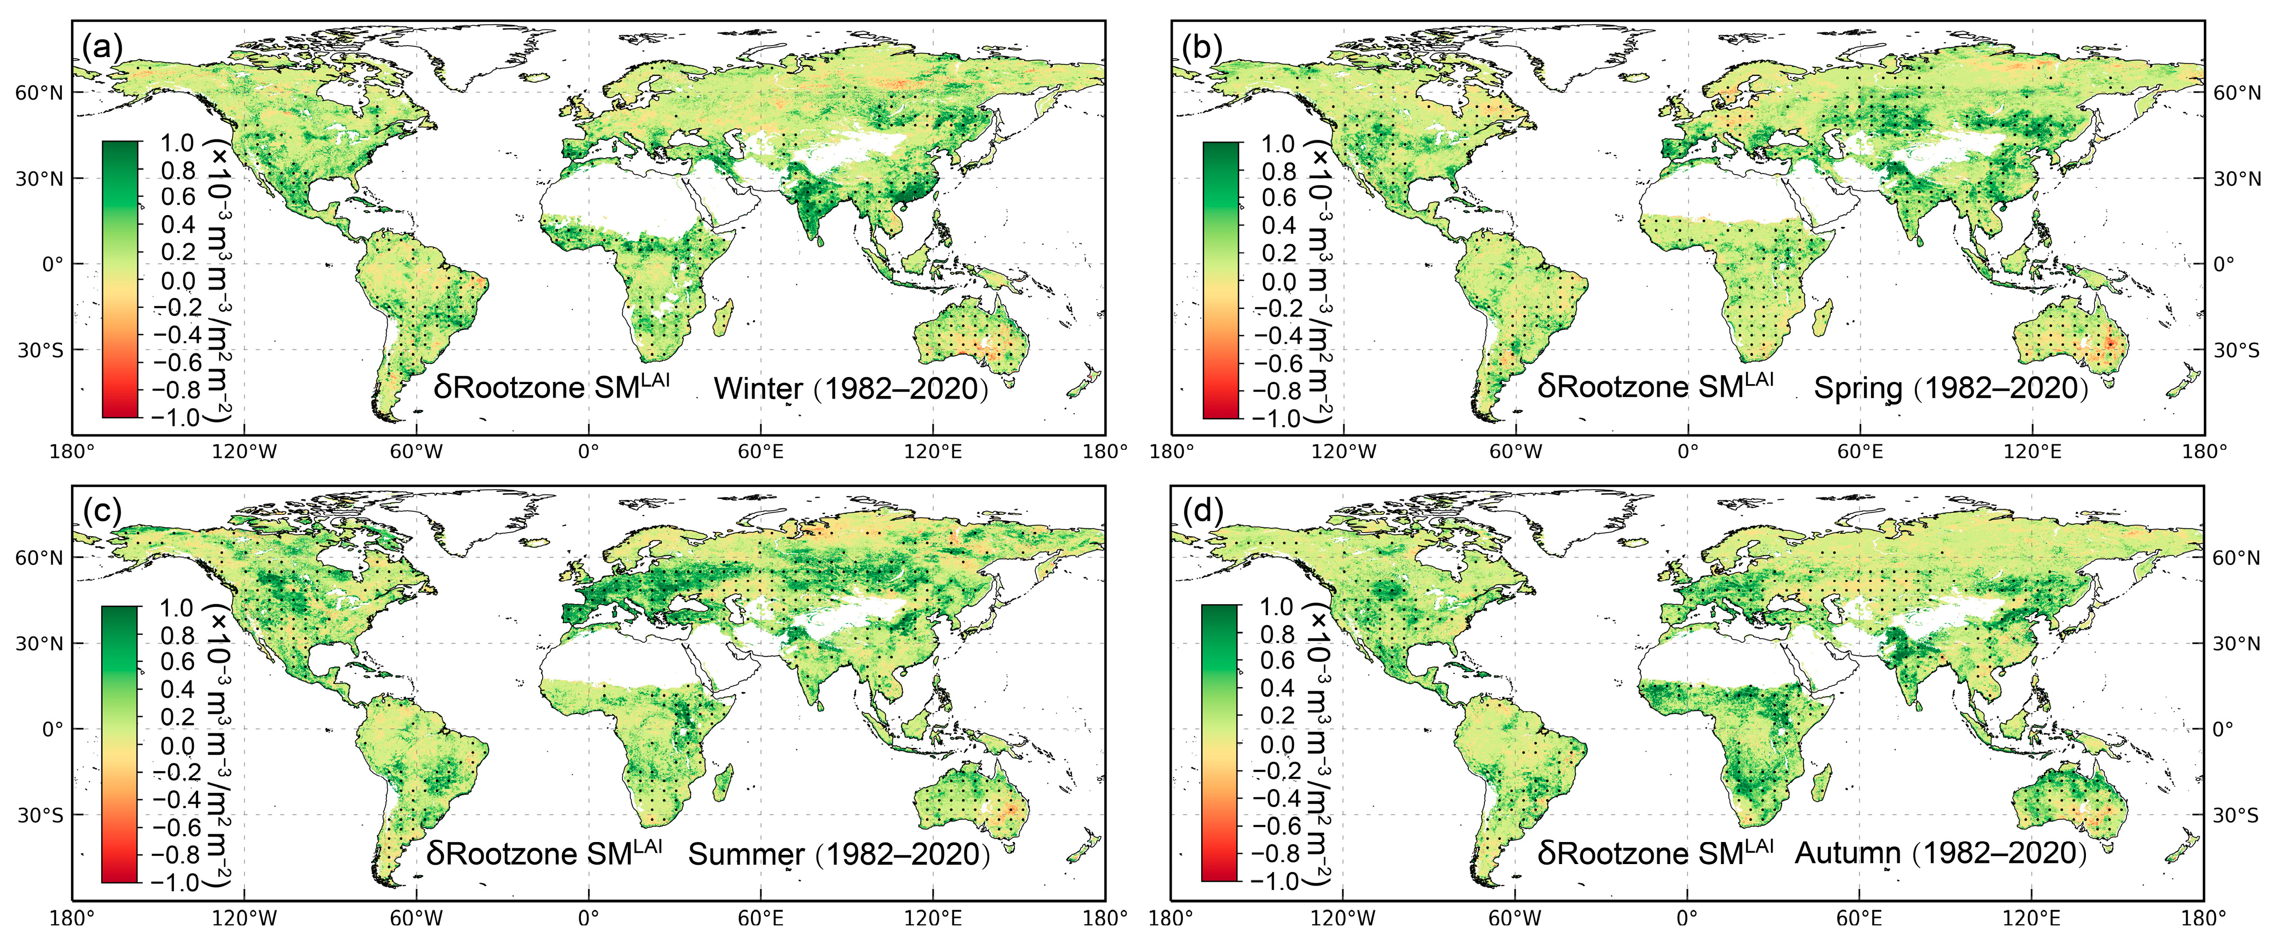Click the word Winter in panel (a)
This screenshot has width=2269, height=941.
(758, 388)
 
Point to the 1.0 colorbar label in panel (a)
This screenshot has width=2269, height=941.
(177, 143)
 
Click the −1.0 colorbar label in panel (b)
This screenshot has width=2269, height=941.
(1276, 418)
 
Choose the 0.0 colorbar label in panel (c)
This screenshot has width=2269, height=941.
(177, 746)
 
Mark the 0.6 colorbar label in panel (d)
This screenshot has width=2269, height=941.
(1277, 660)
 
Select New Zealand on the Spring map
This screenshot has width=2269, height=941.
(2183, 387)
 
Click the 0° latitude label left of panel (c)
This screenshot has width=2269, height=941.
(53, 729)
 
